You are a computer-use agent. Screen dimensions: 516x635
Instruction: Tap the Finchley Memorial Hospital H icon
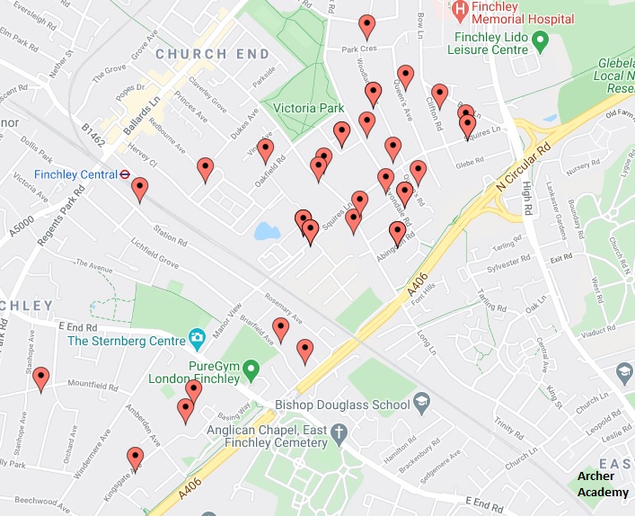(460, 12)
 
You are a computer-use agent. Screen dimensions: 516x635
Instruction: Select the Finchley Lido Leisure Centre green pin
(540, 40)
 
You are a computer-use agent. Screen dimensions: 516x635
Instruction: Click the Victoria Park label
(309, 108)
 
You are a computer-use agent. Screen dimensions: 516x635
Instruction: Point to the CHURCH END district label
(212, 54)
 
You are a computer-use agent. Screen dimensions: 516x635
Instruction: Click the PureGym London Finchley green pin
(252, 367)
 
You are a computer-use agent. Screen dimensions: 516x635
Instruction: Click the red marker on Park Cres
(366, 26)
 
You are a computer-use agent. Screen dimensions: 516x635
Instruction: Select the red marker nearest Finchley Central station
(139, 189)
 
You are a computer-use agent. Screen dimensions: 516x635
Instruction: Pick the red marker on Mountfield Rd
(40, 379)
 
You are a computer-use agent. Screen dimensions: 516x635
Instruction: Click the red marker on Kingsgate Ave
(135, 458)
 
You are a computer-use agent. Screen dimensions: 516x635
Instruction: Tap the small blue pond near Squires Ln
(267, 232)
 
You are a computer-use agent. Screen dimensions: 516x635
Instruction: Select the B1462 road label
(93, 135)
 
